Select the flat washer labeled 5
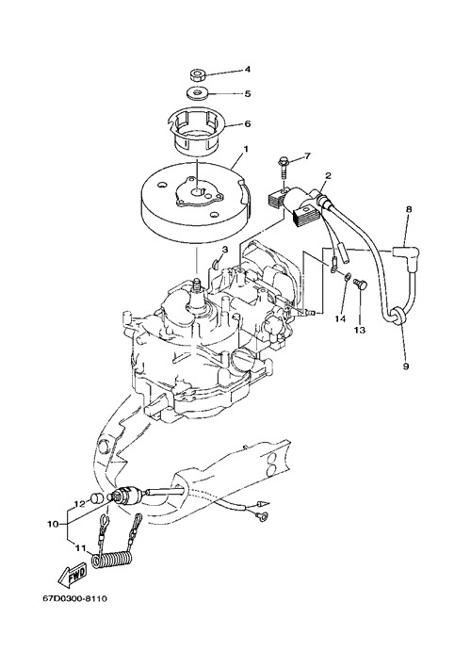(x=198, y=91)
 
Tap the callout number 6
(x=248, y=123)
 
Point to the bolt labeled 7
(x=284, y=168)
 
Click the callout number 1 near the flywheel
(x=246, y=149)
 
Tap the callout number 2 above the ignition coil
(x=328, y=175)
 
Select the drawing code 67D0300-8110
(x=74, y=598)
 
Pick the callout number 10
(x=53, y=524)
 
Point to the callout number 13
(x=359, y=330)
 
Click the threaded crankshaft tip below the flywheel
(x=196, y=285)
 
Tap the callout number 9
(x=405, y=366)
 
